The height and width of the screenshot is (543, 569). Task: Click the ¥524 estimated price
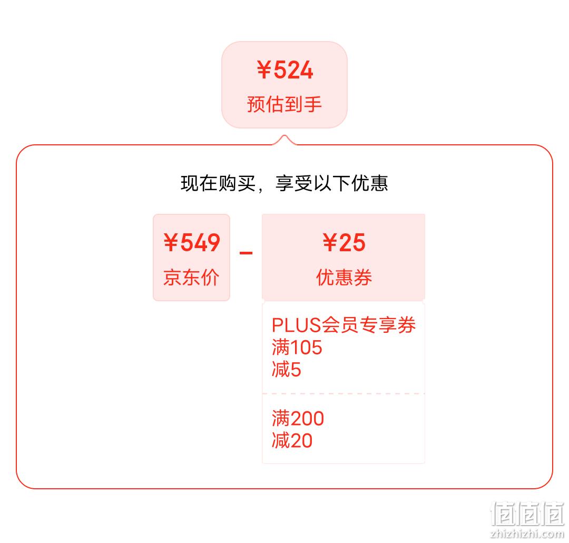point(285,70)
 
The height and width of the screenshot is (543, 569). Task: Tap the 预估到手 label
point(284,104)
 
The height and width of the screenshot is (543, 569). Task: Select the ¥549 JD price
point(192,242)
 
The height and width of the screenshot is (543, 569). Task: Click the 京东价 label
point(191,278)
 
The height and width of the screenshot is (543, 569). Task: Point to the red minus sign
point(246,253)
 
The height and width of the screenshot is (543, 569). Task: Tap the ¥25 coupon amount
point(344,242)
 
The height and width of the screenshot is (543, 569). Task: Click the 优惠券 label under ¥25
point(344,278)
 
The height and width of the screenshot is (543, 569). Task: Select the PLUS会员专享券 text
point(344,324)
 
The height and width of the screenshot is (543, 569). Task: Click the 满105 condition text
point(297,347)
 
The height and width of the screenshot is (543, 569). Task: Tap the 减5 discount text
point(286,370)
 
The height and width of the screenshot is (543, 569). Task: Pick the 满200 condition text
point(298,418)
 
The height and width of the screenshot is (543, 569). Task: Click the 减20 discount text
point(292,441)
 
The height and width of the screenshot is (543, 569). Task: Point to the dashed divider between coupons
point(344,393)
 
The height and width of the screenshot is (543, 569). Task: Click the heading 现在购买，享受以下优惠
point(284,183)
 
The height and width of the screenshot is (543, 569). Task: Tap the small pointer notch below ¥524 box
point(284,140)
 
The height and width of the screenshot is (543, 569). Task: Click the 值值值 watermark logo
point(527,514)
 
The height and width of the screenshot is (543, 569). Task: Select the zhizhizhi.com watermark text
point(527,534)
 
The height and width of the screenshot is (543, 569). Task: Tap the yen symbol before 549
point(171,242)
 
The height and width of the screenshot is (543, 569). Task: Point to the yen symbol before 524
point(264,70)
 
